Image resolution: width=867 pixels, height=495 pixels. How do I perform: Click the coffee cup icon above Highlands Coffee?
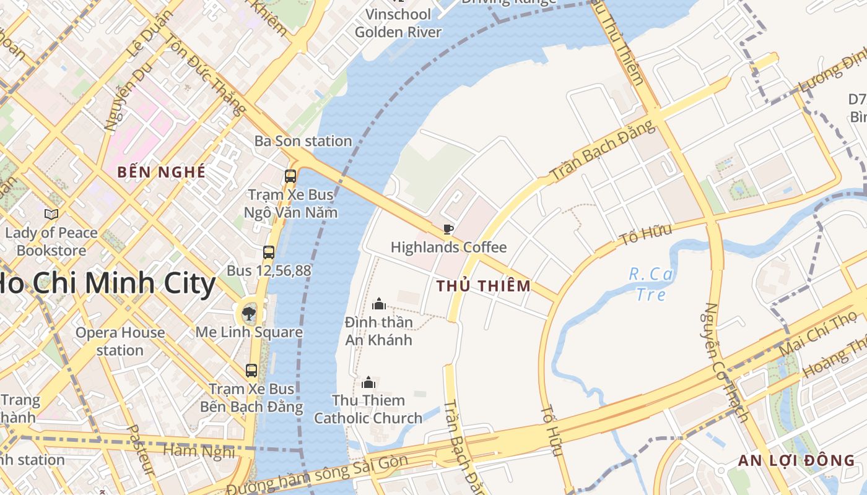click(448, 230)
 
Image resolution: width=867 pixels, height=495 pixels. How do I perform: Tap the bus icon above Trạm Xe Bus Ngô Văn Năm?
click(290, 176)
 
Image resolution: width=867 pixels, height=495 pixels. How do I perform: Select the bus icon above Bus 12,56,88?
click(269, 252)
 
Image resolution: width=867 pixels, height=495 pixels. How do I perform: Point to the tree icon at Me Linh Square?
click(249, 313)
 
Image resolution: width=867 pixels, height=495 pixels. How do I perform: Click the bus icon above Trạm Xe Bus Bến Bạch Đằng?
click(251, 371)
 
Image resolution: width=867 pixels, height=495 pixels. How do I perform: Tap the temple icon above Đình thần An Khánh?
click(379, 304)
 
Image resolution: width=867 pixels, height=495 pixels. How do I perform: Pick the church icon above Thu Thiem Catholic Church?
click(369, 382)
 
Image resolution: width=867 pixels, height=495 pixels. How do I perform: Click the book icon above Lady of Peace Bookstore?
click(51, 215)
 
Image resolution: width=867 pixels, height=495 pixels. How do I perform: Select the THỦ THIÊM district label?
click(483, 286)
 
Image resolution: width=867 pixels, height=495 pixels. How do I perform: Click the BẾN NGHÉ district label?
click(161, 173)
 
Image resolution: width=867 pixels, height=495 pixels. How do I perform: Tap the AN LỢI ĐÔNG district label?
click(796, 460)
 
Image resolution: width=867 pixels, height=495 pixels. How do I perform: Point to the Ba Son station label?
click(303, 141)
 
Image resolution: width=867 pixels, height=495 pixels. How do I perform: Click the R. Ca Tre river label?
click(651, 283)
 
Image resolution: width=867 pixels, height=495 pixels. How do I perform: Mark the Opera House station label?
click(120, 341)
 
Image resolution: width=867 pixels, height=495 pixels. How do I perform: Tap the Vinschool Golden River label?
click(398, 23)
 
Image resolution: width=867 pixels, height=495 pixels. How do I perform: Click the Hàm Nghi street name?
click(198, 450)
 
